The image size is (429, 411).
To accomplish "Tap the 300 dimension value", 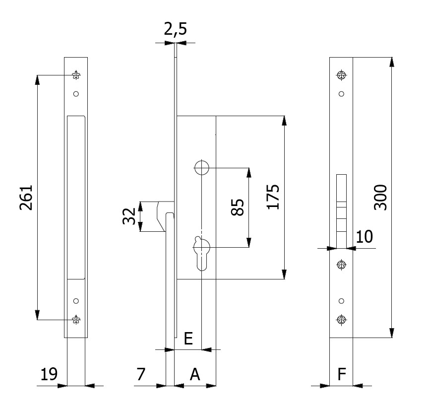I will point(380,197).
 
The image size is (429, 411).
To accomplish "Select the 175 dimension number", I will point(274,197).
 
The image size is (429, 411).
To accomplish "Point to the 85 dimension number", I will point(238,207).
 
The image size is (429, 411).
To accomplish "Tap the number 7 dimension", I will point(141,374).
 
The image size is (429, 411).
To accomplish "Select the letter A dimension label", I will point(195,374).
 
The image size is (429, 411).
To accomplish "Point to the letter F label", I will point(341,374).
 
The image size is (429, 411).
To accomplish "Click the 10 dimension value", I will point(365,237).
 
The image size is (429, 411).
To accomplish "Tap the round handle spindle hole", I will point(201,168).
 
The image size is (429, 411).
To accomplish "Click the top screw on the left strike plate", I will point(76,75).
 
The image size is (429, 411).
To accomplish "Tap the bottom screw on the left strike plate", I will point(76,319).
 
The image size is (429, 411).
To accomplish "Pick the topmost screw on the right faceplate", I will point(341,75).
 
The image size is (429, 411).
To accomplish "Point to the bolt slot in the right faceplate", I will point(341,210).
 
